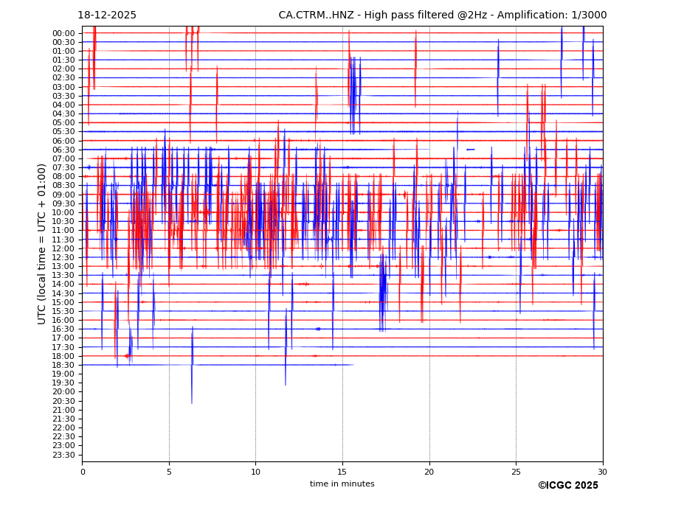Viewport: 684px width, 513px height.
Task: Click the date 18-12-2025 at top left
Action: [x=107, y=15]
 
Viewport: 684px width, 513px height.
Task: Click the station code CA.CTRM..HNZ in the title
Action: [x=318, y=15]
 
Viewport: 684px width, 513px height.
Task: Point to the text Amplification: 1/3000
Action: [x=558, y=15]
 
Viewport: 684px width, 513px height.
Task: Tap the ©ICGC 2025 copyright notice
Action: [x=567, y=486]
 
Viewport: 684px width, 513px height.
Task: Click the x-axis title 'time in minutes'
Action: [x=342, y=484]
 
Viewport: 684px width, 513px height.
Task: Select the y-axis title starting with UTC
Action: [x=42, y=244]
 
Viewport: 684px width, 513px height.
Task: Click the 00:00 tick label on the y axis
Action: [x=63, y=33]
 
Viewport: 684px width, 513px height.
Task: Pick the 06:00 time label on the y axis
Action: [x=63, y=141]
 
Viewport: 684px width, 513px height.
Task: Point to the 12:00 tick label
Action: [x=63, y=248]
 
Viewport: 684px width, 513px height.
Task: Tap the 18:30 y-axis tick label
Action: [x=63, y=365]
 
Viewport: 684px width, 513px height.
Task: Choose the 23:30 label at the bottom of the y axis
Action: [x=63, y=455]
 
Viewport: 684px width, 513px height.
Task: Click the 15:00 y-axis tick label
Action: [x=63, y=302]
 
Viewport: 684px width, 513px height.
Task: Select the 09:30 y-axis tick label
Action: [x=63, y=203]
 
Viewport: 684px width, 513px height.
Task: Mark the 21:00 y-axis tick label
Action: [x=63, y=410]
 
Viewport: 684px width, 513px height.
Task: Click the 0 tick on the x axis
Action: [x=83, y=472]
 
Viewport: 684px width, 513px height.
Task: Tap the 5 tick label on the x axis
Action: [x=169, y=472]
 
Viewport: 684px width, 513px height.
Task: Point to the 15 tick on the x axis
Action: [x=342, y=472]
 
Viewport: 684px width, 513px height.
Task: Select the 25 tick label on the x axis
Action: [x=516, y=472]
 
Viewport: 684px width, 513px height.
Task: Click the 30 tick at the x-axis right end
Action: [x=603, y=472]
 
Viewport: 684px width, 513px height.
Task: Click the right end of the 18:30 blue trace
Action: [x=353, y=365]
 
